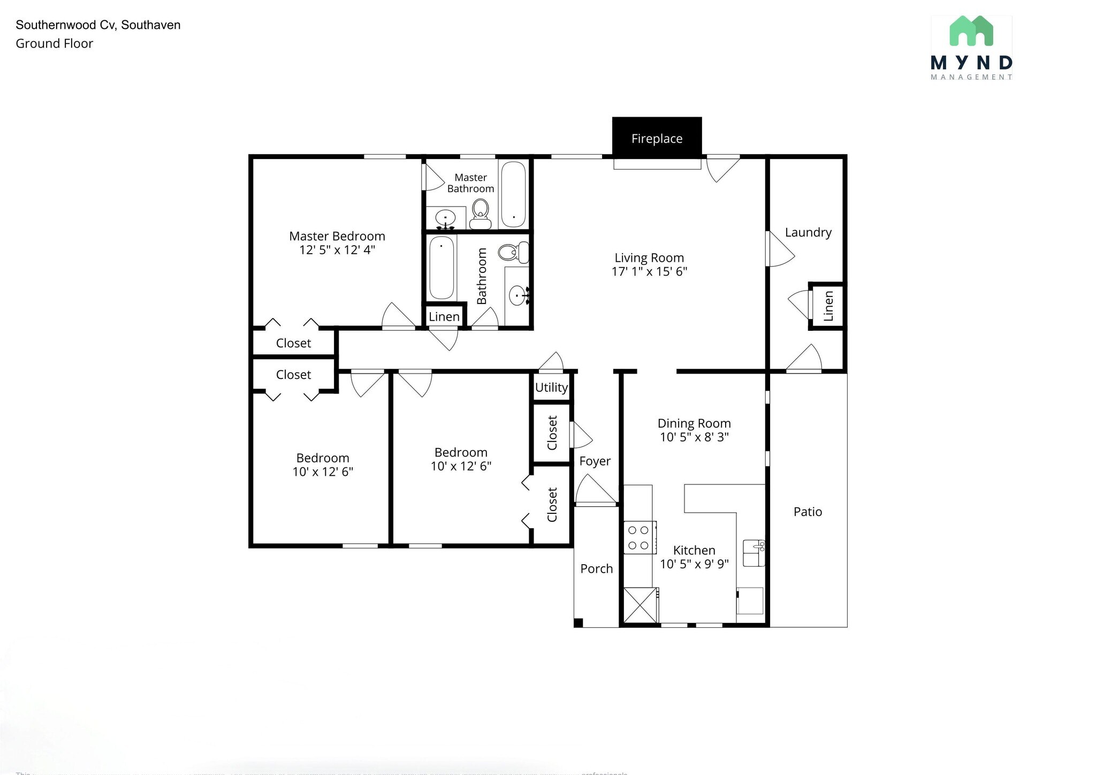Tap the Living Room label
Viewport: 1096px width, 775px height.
tap(649, 258)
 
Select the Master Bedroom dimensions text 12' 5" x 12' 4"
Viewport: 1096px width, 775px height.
tap(337, 250)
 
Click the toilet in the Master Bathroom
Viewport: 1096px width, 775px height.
tap(481, 213)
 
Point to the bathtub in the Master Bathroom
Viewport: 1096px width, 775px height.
tap(514, 194)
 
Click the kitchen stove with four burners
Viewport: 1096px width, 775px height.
tap(638, 537)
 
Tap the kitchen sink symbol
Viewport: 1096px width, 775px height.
tap(754, 553)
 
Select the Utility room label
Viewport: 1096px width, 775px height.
tap(551, 387)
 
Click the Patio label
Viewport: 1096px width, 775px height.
tap(808, 512)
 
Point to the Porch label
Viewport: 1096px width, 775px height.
tap(596, 568)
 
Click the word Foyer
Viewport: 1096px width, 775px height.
tap(595, 461)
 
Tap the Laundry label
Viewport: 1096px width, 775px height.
tap(808, 232)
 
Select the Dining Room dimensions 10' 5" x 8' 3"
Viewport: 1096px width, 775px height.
tap(694, 437)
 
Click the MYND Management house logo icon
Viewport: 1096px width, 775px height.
tap(971, 31)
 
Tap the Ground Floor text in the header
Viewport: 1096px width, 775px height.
tap(54, 44)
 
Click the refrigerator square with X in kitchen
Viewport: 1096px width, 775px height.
tap(640, 605)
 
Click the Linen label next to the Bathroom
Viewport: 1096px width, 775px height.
tap(444, 316)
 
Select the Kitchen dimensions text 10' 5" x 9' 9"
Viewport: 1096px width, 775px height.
tap(694, 564)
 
